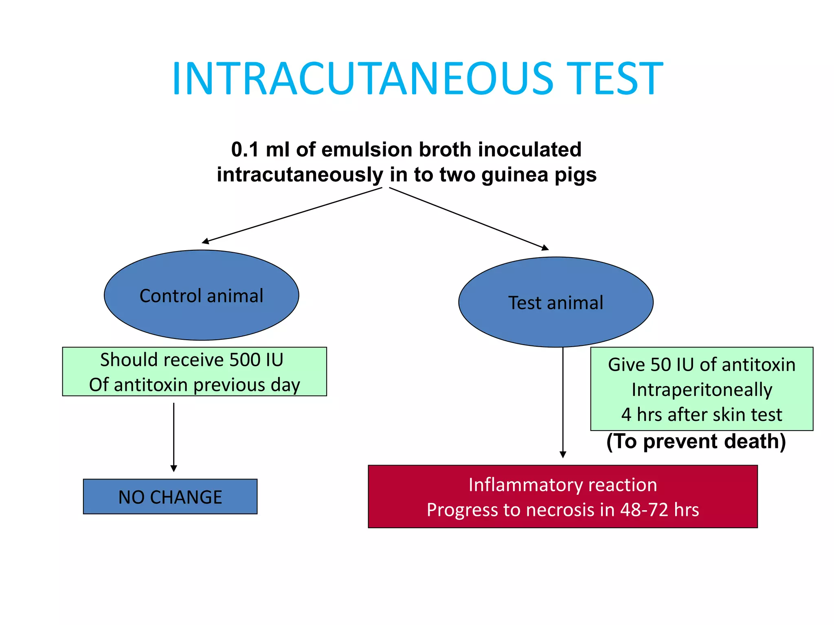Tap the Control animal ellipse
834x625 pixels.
(201, 295)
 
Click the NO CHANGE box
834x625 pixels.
(170, 497)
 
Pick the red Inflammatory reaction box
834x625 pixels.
(562, 497)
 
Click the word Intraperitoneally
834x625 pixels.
(701, 389)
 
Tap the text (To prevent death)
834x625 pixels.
(696, 441)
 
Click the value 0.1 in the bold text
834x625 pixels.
(245, 149)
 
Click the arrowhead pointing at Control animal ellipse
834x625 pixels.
(205, 241)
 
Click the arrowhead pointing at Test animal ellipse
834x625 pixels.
(545, 248)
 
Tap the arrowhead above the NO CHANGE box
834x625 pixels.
(173, 469)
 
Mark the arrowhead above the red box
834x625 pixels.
(563, 455)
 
